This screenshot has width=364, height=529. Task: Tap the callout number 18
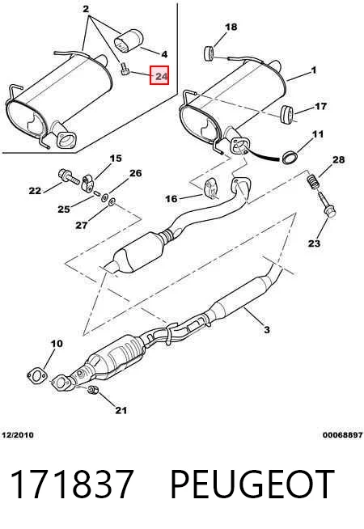pyautogui.click(x=231, y=27)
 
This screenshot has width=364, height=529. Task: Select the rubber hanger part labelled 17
pyautogui.click(x=287, y=114)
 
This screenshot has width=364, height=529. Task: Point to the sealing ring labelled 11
pyautogui.click(x=290, y=158)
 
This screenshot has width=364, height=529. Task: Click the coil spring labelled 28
pyautogui.click(x=313, y=182)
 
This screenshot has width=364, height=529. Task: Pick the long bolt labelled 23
pyautogui.click(x=326, y=204)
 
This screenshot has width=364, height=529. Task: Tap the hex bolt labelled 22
pyautogui.click(x=69, y=176)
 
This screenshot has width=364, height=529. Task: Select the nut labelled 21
pyautogui.click(x=92, y=390)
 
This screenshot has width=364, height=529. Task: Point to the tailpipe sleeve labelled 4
pyautogui.click(x=128, y=41)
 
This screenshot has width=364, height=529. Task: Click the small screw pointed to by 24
pyautogui.click(x=125, y=70)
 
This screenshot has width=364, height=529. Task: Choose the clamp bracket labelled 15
pyautogui.click(x=88, y=183)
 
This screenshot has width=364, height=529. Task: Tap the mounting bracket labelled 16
pyautogui.click(x=211, y=188)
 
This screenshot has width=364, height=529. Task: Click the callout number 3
pyautogui.click(x=266, y=329)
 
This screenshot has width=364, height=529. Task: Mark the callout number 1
pyautogui.click(x=314, y=70)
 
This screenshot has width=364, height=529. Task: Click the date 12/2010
pyautogui.click(x=18, y=435)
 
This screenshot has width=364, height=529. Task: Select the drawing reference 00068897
pyautogui.click(x=342, y=435)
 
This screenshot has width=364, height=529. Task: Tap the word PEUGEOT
pyautogui.click(x=252, y=485)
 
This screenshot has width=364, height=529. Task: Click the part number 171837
pyautogui.click(x=72, y=485)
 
